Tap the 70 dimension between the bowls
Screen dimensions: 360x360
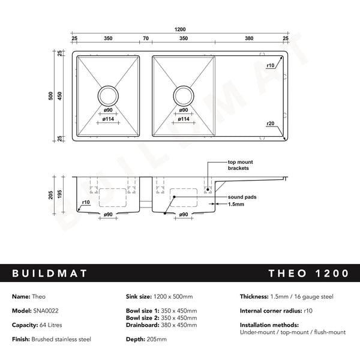[x=145, y=38]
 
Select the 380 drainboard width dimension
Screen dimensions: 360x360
[x=249, y=38]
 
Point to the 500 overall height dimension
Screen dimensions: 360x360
[x=52, y=96]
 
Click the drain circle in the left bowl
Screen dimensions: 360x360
[x=109, y=95]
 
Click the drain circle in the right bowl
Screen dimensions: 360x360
[x=184, y=95]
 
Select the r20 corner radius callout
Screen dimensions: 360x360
[x=270, y=123]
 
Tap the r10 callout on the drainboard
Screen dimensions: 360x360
[x=270, y=65]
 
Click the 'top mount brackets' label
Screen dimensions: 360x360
[x=238, y=165]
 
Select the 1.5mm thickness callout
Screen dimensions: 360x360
[x=236, y=204]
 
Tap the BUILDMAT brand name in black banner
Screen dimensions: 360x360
[x=50, y=274]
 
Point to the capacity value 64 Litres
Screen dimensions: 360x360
[x=49, y=325]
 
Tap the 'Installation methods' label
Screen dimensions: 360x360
[x=266, y=325]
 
